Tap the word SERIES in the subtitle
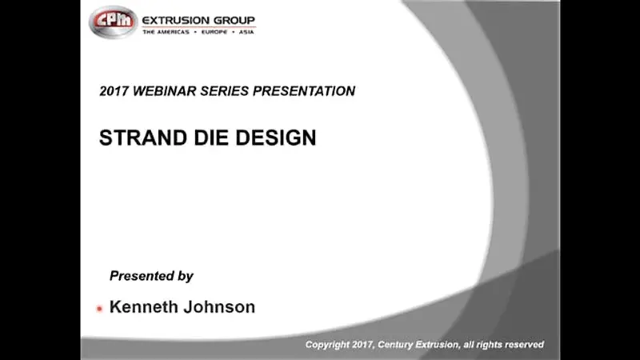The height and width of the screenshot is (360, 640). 224,91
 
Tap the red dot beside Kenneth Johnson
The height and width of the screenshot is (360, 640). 99,308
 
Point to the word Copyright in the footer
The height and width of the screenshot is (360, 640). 327,345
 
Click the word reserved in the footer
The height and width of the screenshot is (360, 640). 523,345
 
